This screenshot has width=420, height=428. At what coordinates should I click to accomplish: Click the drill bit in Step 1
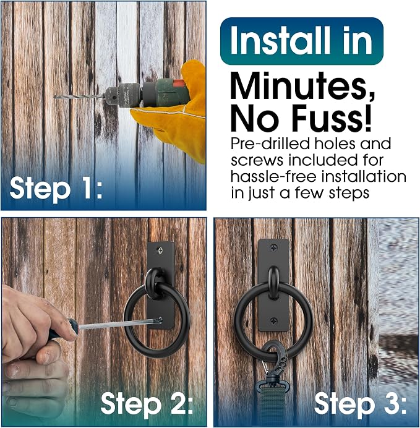click(x=79, y=96)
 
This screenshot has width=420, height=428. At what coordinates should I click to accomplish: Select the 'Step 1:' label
click(x=56, y=188)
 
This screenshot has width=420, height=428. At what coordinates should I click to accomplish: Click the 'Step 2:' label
click(x=147, y=404)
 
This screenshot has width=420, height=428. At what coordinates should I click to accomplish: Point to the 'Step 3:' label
click(x=361, y=404)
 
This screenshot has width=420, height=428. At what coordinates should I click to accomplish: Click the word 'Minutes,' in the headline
click(x=302, y=86)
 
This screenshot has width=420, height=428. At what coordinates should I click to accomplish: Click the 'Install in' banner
click(x=302, y=41)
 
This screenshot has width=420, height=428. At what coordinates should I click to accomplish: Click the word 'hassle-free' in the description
click(x=273, y=176)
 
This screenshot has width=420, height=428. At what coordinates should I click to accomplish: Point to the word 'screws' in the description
click(x=257, y=161)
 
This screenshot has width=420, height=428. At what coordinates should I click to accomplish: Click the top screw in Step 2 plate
click(x=160, y=249)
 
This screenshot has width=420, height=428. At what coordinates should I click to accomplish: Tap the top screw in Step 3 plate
click(x=274, y=248)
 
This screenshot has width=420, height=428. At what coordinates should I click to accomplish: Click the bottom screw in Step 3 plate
click(x=274, y=321)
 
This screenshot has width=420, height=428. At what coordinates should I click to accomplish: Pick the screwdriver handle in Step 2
click(x=62, y=329)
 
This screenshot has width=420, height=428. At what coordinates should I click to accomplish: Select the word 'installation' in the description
click(x=364, y=176)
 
